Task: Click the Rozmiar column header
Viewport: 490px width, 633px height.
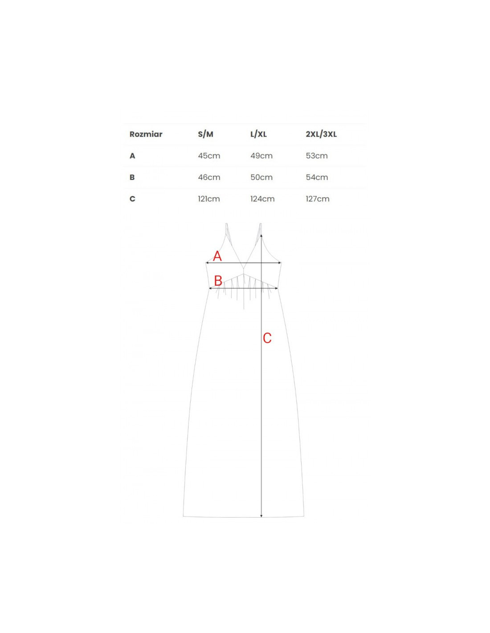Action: (146, 134)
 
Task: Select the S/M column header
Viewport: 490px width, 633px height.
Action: (205, 134)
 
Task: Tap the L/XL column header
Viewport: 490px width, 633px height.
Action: (258, 134)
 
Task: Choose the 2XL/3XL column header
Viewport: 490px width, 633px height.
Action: (321, 134)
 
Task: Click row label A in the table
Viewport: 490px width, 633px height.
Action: (132, 156)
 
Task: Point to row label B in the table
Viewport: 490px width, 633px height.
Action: (132, 178)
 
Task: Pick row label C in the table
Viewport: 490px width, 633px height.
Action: (132, 199)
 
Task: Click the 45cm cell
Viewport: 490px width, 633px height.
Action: (209, 156)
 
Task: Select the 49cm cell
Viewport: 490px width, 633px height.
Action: (261, 156)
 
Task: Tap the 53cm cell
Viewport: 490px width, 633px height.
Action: (317, 156)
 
